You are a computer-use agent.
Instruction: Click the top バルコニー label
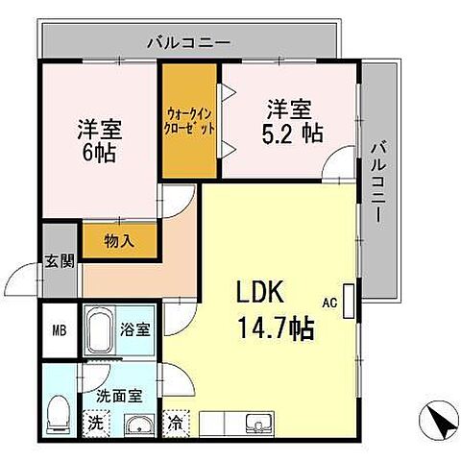pos(188,42)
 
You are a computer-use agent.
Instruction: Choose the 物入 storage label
pos(119,241)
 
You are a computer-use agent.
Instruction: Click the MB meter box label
pos(58,332)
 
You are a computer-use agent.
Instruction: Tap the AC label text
pos(330,303)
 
